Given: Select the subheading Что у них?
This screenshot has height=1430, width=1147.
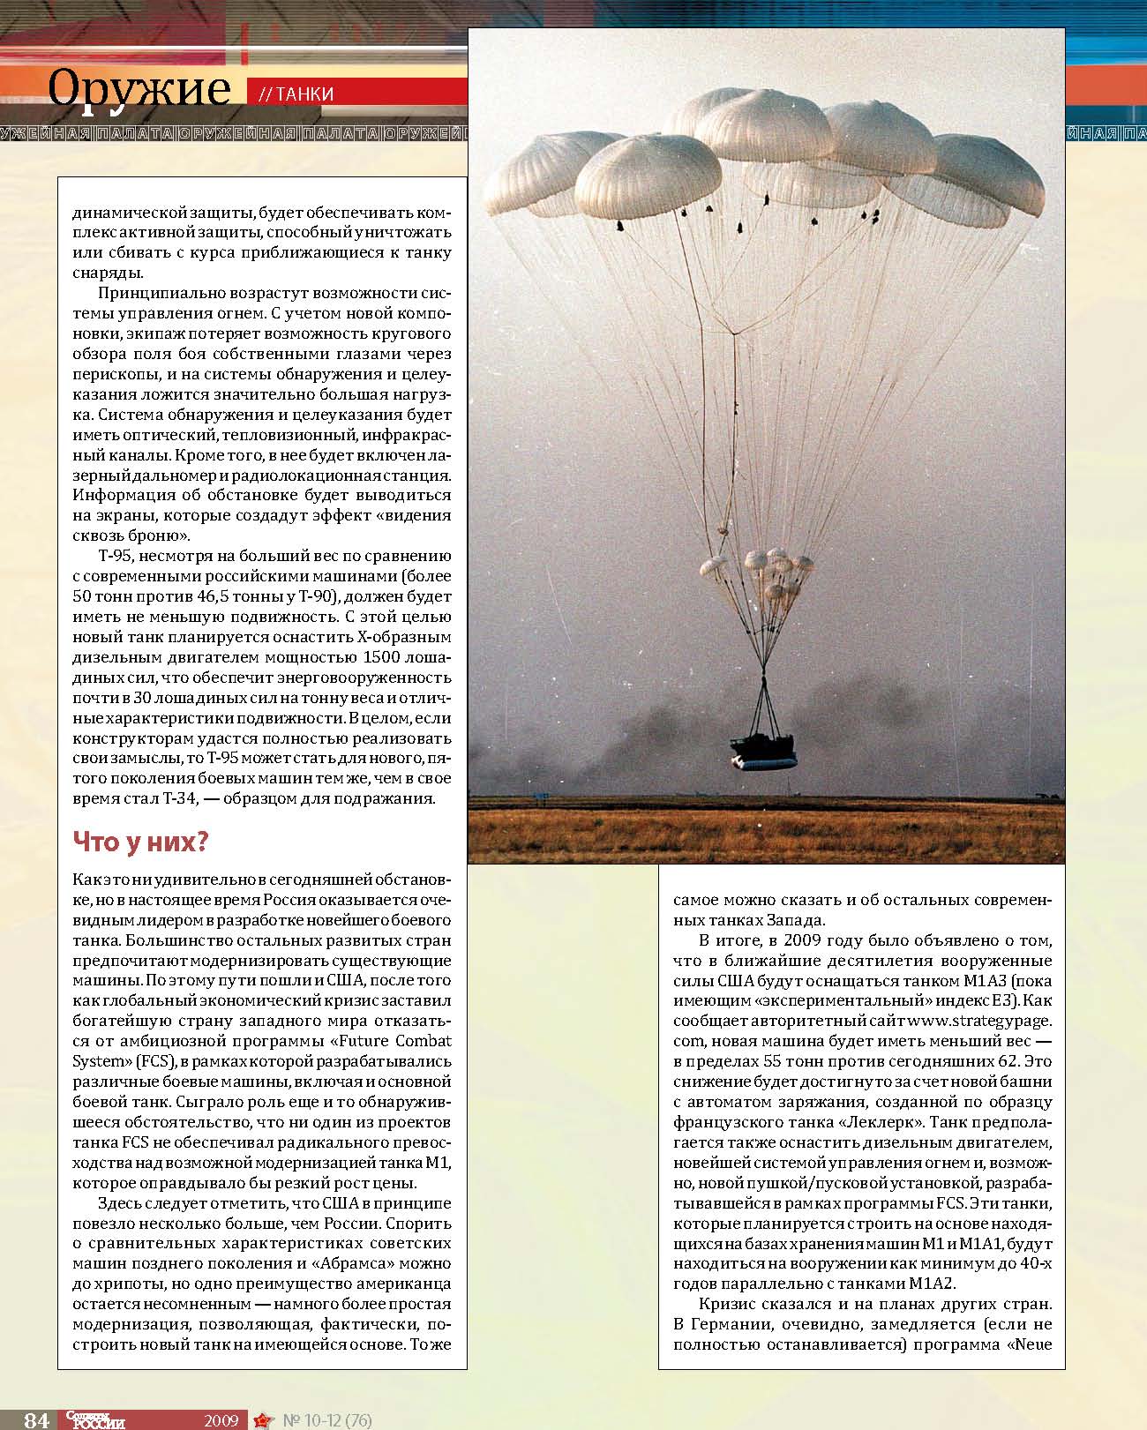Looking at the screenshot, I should point(139,842).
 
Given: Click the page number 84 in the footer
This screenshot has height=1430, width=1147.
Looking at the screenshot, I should point(36,1419).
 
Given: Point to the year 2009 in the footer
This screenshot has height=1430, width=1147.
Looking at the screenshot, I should point(221,1420).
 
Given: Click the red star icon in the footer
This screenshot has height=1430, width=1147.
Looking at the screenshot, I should point(262,1420).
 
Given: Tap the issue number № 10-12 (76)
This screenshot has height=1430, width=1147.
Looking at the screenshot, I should point(326,1420).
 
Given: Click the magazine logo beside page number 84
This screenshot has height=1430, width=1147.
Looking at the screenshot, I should point(95,1419).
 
